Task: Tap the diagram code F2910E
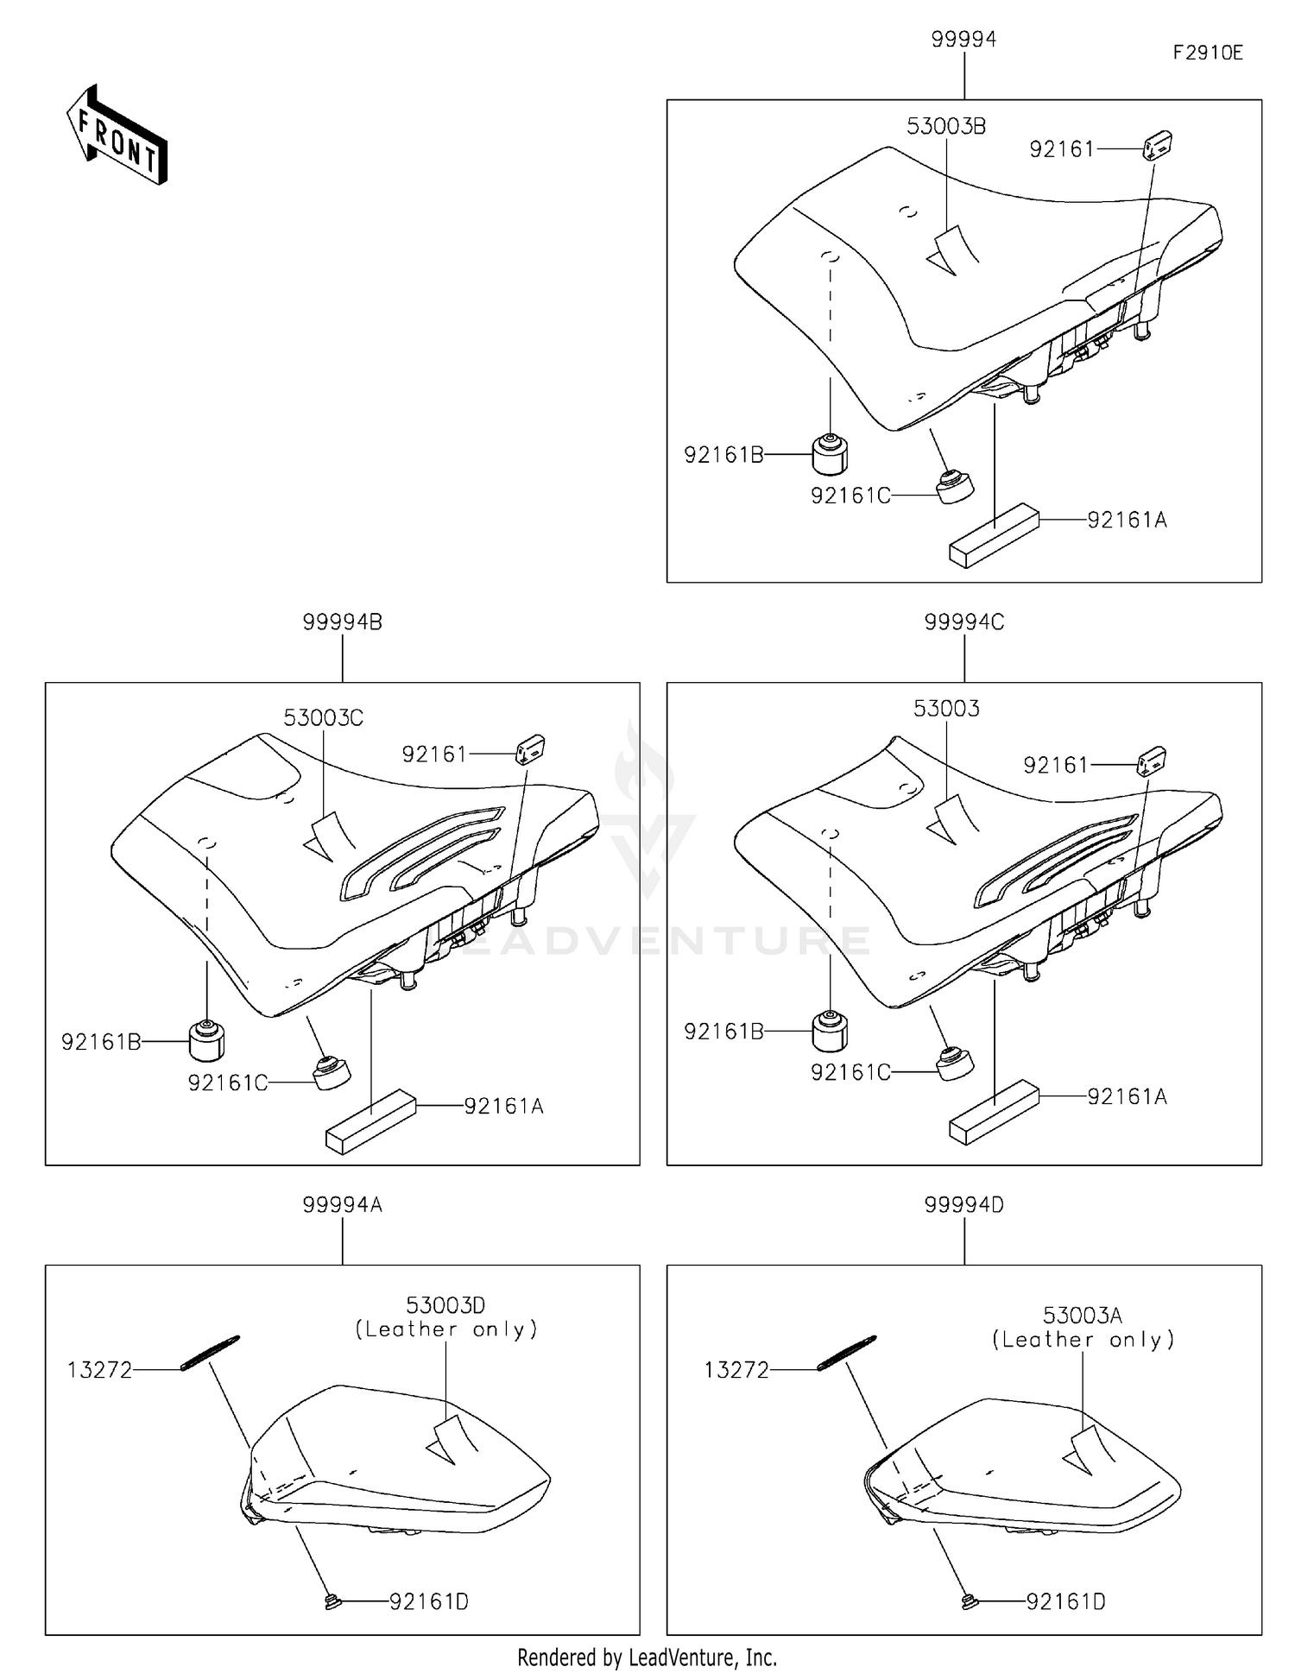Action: (x=1207, y=53)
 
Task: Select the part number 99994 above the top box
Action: (x=963, y=40)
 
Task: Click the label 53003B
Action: (x=945, y=126)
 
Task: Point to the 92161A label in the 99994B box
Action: (x=503, y=1106)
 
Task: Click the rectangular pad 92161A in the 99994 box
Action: (x=994, y=535)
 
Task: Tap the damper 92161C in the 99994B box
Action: (x=331, y=1073)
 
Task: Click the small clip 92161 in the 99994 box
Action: (x=1157, y=147)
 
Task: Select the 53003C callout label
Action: (x=324, y=717)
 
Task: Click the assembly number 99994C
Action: (x=963, y=622)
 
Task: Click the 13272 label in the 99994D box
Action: (x=736, y=1370)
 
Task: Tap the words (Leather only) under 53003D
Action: (x=446, y=1329)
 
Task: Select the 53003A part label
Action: (x=1082, y=1316)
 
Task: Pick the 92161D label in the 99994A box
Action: (x=428, y=1602)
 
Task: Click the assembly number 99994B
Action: (x=342, y=622)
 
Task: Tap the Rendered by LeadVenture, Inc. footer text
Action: (x=647, y=1657)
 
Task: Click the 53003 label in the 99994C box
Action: (x=945, y=709)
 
